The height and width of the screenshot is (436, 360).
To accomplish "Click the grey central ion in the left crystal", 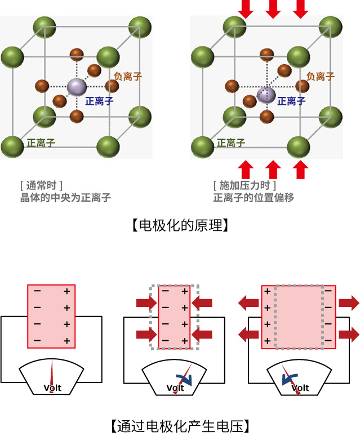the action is click(x=77, y=87).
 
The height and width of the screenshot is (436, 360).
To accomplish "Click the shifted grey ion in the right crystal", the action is click(x=266, y=95).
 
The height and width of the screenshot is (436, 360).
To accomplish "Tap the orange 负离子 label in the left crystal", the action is click(x=128, y=76).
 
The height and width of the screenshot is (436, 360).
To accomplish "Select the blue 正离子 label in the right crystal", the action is click(x=291, y=101).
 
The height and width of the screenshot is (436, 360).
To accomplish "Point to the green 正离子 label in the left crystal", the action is click(x=41, y=143).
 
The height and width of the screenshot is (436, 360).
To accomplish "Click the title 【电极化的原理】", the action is click(x=180, y=225).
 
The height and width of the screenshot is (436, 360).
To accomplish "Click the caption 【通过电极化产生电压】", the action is click(x=180, y=426).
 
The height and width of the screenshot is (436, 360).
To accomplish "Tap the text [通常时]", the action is click(x=41, y=185).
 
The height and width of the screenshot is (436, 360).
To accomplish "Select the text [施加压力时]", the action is click(x=245, y=185).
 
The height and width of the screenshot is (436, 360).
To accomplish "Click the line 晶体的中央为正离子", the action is click(x=65, y=198).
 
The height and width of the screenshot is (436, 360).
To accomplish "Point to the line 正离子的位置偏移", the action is click(x=254, y=198).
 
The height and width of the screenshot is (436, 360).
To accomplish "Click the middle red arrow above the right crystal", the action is click(x=273, y=9).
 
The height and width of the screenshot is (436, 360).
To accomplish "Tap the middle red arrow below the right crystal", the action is click(x=273, y=170).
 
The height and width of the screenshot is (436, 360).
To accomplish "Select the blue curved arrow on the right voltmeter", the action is click(x=289, y=379).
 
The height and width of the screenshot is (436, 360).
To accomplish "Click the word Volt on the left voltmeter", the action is click(x=52, y=388).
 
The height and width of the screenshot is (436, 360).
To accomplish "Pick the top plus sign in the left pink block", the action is click(x=66, y=291).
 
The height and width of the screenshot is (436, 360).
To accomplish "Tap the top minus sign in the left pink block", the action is click(x=37, y=291).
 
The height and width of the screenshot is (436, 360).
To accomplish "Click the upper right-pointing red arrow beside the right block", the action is click(x=349, y=303).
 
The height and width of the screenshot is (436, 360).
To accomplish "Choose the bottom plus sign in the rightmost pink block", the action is click(x=268, y=341).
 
